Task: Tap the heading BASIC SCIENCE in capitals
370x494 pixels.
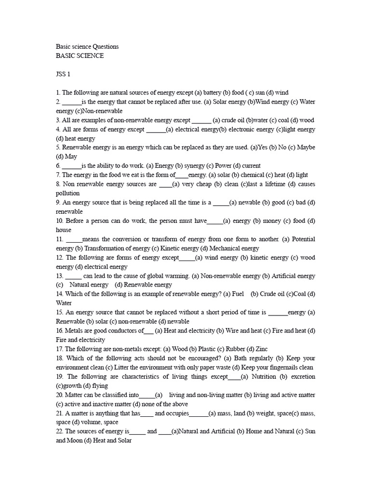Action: [x=79, y=56]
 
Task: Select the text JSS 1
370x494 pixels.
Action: [x=63, y=74]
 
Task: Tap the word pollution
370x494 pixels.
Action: [x=68, y=193]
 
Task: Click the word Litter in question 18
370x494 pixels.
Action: [x=117, y=367]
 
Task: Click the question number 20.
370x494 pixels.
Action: [x=60, y=395]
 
